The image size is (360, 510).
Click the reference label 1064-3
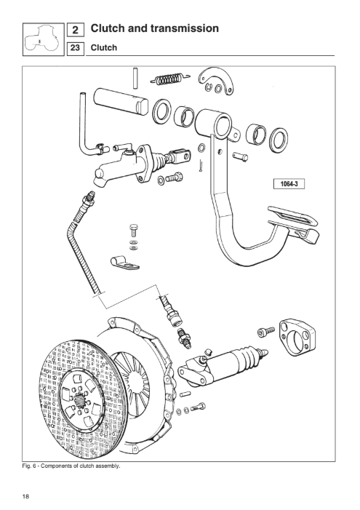(289, 184)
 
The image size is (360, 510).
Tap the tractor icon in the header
(43, 39)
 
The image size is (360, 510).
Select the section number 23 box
(75, 48)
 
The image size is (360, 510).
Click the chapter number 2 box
(76, 30)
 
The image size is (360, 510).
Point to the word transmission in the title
(185, 28)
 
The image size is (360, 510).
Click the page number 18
(25, 496)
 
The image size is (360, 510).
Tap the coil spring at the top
(169, 79)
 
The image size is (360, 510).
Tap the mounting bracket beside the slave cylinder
(297, 338)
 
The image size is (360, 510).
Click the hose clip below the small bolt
(124, 263)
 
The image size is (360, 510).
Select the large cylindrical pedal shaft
(121, 101)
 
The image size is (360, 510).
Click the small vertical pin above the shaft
(135, 78)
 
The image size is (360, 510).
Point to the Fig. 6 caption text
(71, 466)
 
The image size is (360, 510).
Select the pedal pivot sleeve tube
(214, 123)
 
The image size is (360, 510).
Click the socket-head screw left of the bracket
(266, 332)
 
